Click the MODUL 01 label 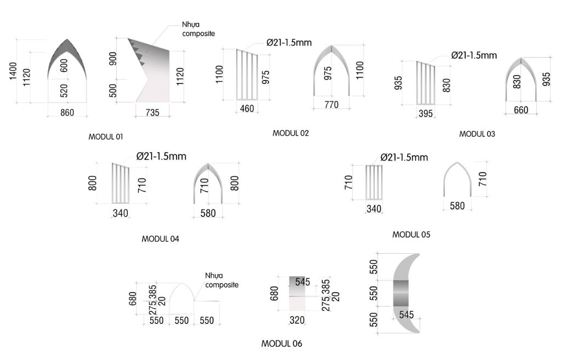click(106, 136)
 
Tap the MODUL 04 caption click(161, 239)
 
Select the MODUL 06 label click(282, 344)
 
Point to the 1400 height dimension click(13, 71)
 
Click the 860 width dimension click(67, 112)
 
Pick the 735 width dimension click(152, 112)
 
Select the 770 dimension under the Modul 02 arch click(331, 105)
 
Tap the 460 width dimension click(247, 108)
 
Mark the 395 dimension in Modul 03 click(426, 113)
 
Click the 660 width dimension click(521, 110)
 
